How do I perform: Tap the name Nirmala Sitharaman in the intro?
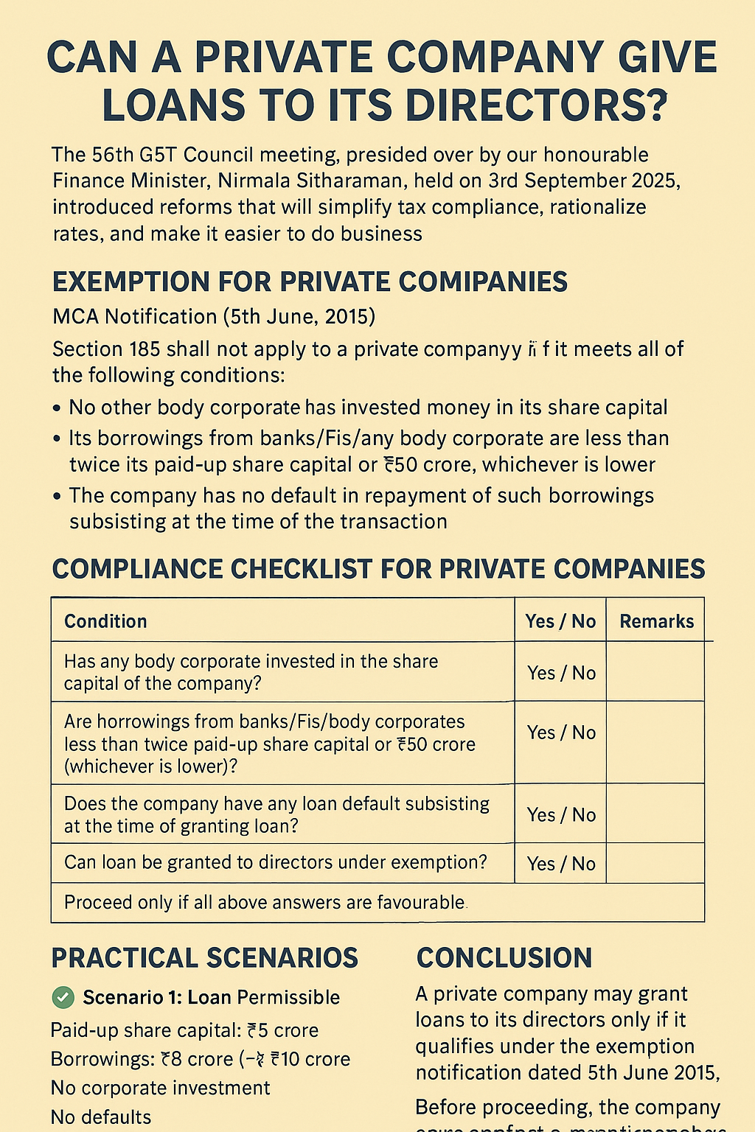point(322,181)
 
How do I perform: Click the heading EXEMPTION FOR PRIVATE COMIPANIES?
point(310,282)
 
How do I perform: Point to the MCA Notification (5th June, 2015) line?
point(214,316)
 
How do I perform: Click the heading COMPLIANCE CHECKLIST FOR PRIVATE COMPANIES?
point(378,569)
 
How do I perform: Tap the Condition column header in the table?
point(105,621)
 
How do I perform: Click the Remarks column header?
point(656,621)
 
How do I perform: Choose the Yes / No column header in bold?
point(560,621)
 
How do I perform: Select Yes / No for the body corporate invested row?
point(561,673)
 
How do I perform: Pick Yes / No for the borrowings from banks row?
point(561,733)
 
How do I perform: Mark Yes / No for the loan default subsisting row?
point(561,814)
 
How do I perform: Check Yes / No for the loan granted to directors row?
point(561,864)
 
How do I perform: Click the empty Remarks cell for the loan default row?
point(655,814)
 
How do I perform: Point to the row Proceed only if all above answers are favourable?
point(265,903)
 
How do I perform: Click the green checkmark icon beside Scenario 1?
point(63,998)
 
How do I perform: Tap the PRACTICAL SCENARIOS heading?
point(204,958)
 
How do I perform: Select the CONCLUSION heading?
point(504,958)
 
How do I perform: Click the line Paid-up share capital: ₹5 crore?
point(184,1030)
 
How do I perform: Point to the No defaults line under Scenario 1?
point(101,1117)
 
